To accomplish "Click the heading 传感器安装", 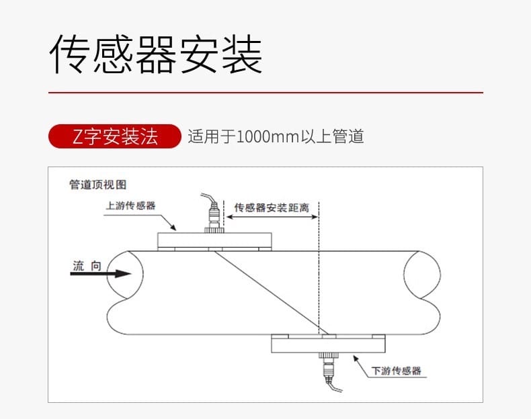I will tap(156, 54).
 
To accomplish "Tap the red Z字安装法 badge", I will tap(115, 137).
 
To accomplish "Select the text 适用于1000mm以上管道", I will tap(276, 137).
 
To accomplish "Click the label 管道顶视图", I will tap(98, 185).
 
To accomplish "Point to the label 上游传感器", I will tap(130, 205).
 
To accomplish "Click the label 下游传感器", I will tap(397, 370).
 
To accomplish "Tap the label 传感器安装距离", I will tap(272, 207).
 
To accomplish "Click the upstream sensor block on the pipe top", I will tap(214, 240).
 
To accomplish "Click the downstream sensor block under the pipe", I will tap(329, 344).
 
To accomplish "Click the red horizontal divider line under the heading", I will tap(265, 92).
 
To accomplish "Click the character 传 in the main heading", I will tap(69, 54).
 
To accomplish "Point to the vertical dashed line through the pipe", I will tap(319, 282).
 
